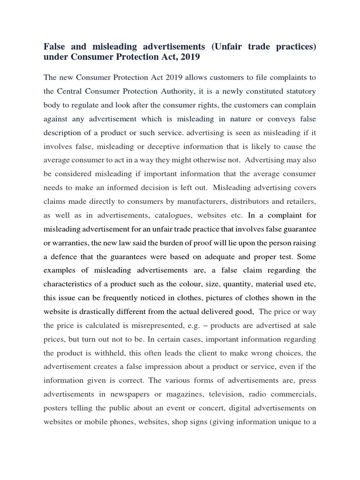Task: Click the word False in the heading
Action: pos(55,47)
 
